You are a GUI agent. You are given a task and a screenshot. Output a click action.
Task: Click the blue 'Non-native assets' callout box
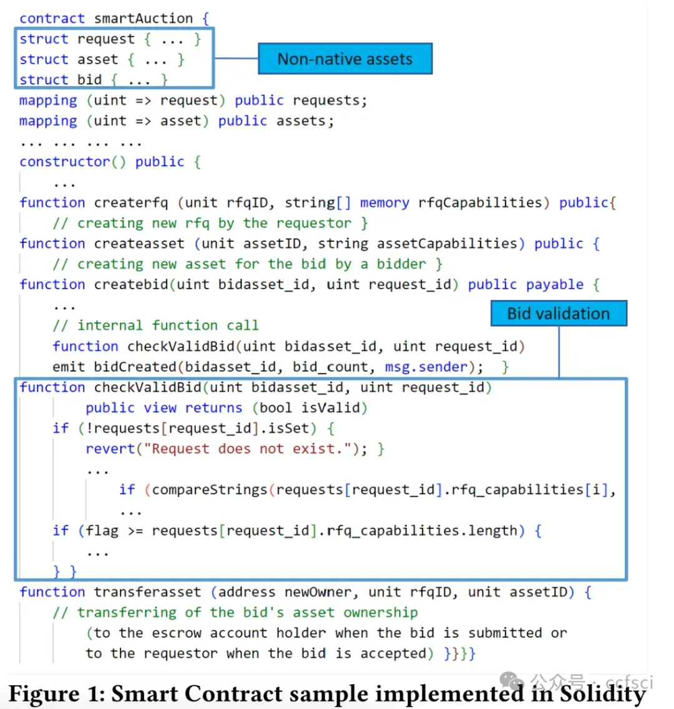[x=345, y=59]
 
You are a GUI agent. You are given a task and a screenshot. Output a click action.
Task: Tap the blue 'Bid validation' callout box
[x=559, y=314]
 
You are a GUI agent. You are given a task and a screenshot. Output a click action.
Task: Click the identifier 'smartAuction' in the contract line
[x=143, y=19]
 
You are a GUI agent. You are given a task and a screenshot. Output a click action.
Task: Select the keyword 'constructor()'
[x=73, y=161]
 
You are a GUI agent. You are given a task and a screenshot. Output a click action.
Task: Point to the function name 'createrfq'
[x=131, y=202]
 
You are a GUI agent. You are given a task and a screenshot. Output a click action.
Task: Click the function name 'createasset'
[x=139, y=243]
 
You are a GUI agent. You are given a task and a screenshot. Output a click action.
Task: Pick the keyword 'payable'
[x=555, y=285]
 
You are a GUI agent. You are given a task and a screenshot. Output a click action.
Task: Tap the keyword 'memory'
[x=384, y=202]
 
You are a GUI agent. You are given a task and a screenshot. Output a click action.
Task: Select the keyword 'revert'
[x=110, y=449]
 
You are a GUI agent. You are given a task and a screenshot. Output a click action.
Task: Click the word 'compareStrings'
[x=210, y=490]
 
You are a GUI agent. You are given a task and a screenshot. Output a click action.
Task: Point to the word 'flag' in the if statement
[x=102, y=530]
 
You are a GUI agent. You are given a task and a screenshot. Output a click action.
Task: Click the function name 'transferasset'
[x=147, y=592]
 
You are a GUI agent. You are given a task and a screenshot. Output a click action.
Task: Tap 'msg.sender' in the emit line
[x=426, y=367]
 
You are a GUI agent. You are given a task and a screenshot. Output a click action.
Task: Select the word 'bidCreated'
[x=135, y=367]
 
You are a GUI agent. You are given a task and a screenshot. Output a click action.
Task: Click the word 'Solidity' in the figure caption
[x=603, y=694]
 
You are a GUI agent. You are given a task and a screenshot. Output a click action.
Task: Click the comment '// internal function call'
[x=155, y=325]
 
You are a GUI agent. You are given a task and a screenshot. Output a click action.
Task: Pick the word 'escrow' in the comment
[x=176, y=633]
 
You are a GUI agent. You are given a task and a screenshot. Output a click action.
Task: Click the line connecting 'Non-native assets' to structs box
[x=236, y=58]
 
